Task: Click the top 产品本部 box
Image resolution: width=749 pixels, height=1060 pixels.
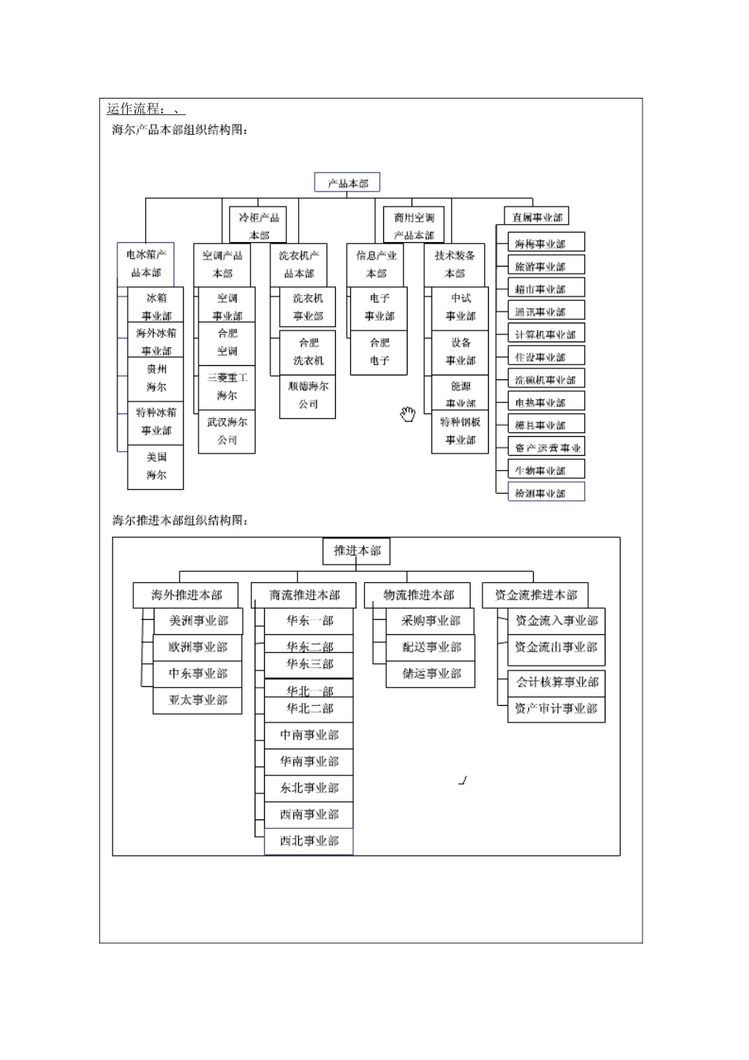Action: tap(347, 183)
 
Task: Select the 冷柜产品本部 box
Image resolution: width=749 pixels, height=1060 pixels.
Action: tap(259, 226)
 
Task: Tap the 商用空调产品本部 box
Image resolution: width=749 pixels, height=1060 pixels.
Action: tap(414, 226)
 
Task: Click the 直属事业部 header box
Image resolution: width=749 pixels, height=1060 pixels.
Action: tap(536, 217)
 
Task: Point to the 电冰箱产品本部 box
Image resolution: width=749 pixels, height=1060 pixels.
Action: tap(146, 263)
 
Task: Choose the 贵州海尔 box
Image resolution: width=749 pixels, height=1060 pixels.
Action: tap(156, 378)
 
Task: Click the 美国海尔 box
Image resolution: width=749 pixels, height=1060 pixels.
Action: tap(156, 466)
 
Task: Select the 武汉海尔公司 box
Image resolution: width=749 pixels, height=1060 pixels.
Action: tap(227, 431)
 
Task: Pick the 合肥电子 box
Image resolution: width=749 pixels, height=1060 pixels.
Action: tap(379, 352)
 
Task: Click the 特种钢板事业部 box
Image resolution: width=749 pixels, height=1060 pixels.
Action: tap(460, 431)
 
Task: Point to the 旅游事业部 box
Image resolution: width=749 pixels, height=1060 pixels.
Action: tap(540, 267)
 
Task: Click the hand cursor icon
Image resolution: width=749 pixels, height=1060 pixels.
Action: tap(408, 414)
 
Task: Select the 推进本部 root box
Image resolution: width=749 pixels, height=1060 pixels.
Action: tap(356, 551)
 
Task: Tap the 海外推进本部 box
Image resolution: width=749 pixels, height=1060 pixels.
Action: tap(187, 595)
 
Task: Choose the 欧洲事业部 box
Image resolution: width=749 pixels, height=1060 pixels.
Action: tap(198, 648)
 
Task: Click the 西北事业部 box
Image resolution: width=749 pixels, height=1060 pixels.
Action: tap(309, 842)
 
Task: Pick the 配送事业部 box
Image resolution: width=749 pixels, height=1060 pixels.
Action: tap(431, 648)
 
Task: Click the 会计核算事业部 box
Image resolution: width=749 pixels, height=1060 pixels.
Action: tap(557, 682)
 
